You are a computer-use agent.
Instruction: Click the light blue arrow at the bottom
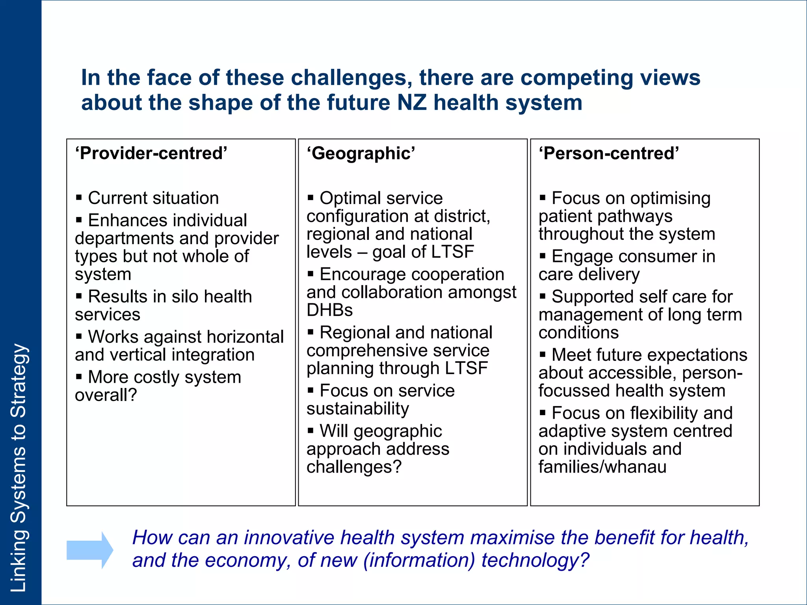[x=90, y=550]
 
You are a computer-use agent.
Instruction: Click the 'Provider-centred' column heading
[x=151, y=153]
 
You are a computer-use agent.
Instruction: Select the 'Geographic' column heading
[x=361, y=153]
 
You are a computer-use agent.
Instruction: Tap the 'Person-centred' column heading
[x=609, y=153]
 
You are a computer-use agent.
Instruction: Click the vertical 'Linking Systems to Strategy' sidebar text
[x=19, y=467]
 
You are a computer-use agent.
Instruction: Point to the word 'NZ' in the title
[x=412, y=102]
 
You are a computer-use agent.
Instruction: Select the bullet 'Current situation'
[x=153, y=198]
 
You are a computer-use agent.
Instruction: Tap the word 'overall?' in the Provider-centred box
[x=106, y=395]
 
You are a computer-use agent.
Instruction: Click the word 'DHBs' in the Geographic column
[x=329, y=310]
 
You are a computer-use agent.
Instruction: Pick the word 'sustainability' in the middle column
[x=358, y=408]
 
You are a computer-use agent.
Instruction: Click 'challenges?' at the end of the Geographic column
[x=354, y=467]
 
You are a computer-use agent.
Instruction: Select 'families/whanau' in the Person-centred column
[x=602, y=467]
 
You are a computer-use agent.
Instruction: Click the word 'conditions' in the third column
[x=578, y=332]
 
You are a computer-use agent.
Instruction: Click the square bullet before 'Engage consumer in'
[x=543, y=256]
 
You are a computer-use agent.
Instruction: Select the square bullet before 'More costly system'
[x=79, y=377]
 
